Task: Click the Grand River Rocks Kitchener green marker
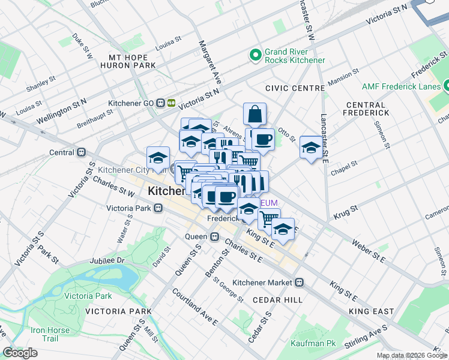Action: (x=255, y=55)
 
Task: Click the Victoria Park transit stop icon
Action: (x=158, y=209)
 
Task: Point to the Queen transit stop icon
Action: (x=214, y=236)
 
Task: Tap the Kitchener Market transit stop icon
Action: (x=299, y=282)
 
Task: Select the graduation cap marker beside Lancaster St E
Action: (x=310, y=147)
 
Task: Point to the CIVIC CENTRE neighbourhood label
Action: (x=295, y=88)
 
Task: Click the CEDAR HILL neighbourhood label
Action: (x=277, y=299)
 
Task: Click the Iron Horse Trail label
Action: (x=51, y=334)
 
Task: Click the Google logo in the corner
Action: (x=19, y=353)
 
